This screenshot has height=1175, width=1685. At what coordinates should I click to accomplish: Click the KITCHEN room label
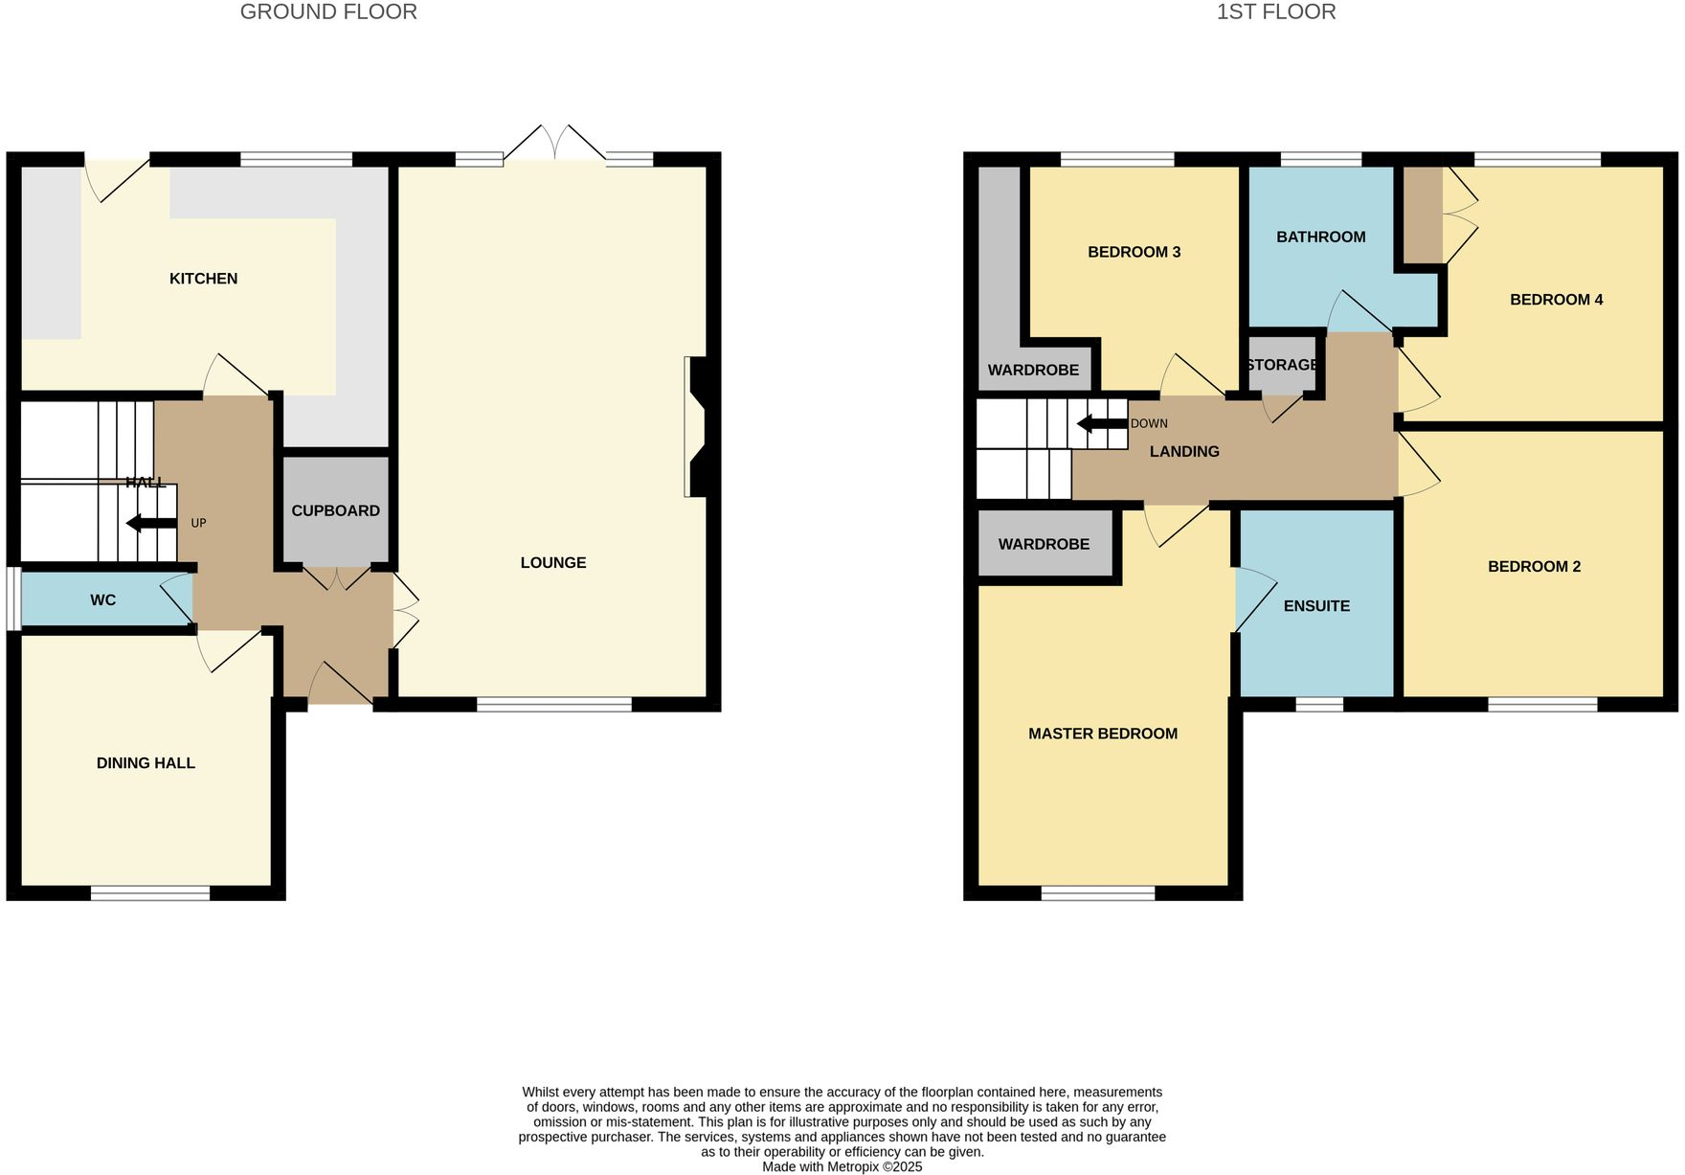pos(203,279)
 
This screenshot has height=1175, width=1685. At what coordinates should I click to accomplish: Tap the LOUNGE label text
pos(552,563)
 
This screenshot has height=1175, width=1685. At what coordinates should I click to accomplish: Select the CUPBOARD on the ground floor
pos(335,510)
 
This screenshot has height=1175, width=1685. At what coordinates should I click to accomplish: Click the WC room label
pos(102,600)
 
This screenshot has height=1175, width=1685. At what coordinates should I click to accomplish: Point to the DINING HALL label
pos(146,763)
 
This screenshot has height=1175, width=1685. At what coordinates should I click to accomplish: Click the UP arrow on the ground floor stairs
pos(151,523)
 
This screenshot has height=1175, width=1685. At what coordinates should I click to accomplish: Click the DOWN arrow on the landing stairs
pos(1101,423)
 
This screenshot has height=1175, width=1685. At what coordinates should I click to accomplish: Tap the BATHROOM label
pos(1320,237)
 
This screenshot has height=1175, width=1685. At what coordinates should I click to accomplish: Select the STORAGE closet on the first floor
pos(1282,365)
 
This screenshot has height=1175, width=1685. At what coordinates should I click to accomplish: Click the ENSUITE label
pos(1316,606)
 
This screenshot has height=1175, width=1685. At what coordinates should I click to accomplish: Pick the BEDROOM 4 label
pos(1556,300)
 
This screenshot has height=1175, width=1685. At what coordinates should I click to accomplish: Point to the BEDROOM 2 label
pos(1534,567)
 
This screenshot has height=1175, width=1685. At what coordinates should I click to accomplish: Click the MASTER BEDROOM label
pos(1102,734)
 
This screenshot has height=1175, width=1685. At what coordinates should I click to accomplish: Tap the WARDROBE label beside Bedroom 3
pos(1033,370)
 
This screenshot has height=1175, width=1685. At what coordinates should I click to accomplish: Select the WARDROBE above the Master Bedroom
pos(1044,544)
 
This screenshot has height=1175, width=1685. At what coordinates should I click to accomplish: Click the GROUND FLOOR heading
pos(328,12)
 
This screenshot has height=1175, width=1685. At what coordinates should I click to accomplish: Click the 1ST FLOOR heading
pos(1275,12)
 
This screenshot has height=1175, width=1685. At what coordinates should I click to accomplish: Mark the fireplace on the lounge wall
pos(696,427)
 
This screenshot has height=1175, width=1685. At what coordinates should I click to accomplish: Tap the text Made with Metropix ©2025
pos(842,1166)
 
